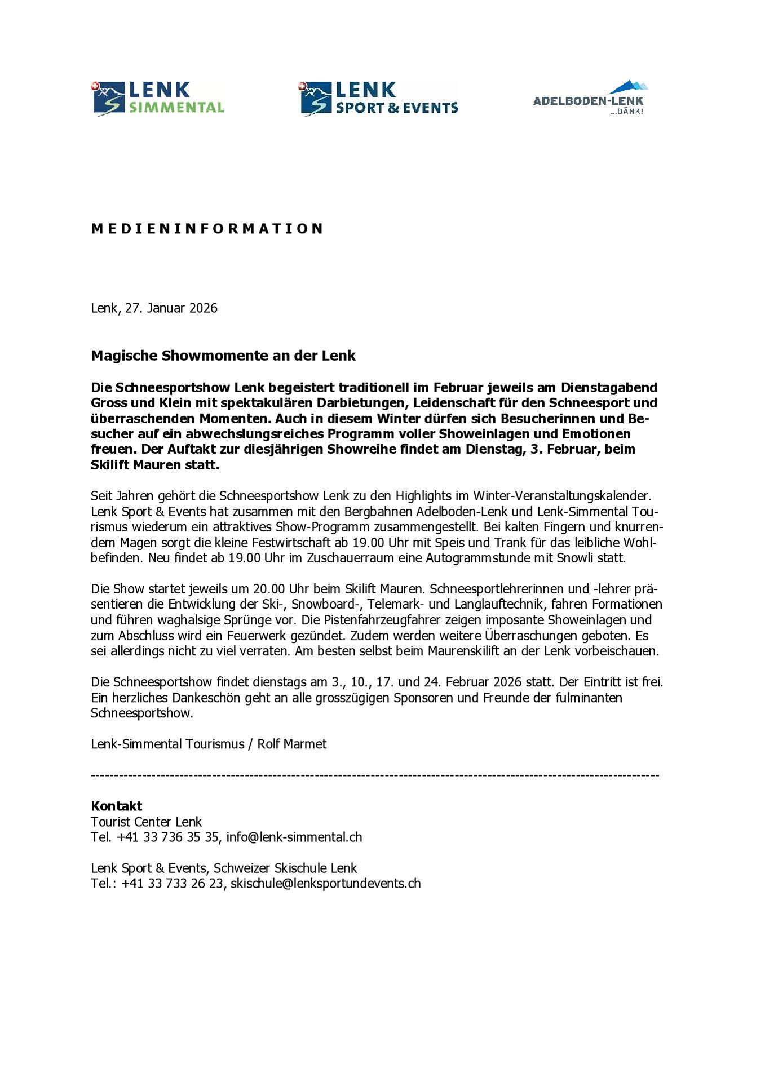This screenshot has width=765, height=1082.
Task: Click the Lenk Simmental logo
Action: [158, 99]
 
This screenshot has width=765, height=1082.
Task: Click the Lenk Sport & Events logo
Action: [378, 99]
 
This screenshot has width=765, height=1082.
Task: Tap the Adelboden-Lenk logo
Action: [589, 98]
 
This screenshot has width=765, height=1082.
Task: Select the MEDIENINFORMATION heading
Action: [207, 229]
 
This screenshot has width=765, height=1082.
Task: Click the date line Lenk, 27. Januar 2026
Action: [154, 308]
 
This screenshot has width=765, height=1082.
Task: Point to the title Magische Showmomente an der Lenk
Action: [223, 356]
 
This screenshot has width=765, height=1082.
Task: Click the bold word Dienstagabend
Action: [609, 388]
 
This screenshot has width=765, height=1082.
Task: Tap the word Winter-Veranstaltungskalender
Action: [562, 496]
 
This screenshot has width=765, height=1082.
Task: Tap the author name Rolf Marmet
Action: [292, 744]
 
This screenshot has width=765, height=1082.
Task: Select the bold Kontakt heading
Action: [117, 806]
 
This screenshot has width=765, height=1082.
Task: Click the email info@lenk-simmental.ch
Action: [294, 837]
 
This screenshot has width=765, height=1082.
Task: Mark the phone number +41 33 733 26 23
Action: [172, 883]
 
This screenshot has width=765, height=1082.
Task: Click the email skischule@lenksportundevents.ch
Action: [326, 883]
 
